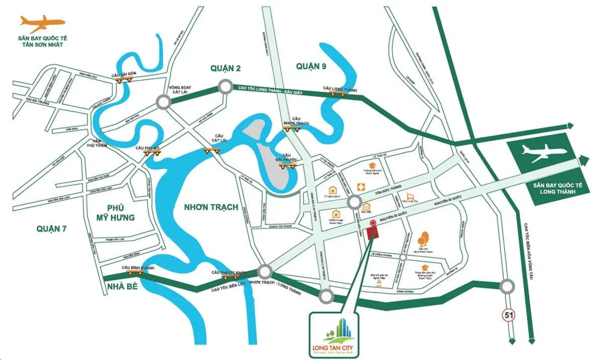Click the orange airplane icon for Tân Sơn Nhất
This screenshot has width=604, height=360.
tap(42, 23)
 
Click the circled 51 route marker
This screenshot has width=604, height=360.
tap(507, 316)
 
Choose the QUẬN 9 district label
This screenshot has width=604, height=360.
tap(312, 66)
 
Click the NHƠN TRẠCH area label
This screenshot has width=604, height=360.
tap(211, 207)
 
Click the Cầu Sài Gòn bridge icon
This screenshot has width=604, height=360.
tap(121, 80)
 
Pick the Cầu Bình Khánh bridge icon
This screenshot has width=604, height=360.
tap(134, 272)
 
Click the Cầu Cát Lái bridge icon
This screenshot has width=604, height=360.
tap(211, 150)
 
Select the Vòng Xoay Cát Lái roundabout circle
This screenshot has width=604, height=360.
tap(163, 102)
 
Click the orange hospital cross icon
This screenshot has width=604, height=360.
tap(361, 187)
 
